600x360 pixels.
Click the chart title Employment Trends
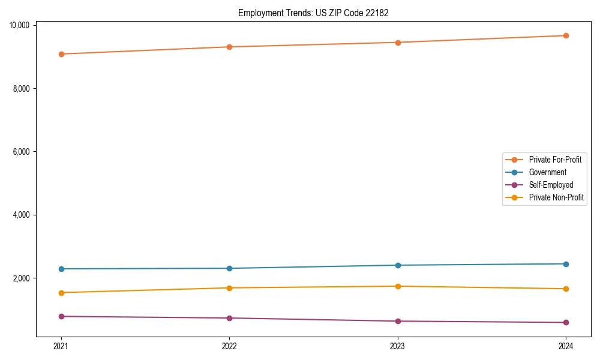coord(313,13)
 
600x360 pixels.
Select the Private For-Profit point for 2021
coord(61,54)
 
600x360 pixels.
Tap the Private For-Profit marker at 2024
coord(566,35)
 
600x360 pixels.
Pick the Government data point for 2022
coord(229,268)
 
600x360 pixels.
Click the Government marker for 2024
coord(566,264)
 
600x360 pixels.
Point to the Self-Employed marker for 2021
coord(61,316)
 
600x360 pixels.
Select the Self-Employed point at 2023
coord(398,321)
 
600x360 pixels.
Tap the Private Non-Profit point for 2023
coord(398,286)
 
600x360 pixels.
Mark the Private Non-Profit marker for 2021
coord(61,293)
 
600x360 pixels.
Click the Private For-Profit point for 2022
coord(229,47)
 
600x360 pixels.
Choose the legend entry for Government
coord(547,172)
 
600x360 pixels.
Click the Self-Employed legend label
coord(551,185)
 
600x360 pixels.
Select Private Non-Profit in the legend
coord(556,197)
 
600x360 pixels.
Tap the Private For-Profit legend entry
coord(555,160)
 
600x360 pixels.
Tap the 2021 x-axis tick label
coord(61,346)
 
